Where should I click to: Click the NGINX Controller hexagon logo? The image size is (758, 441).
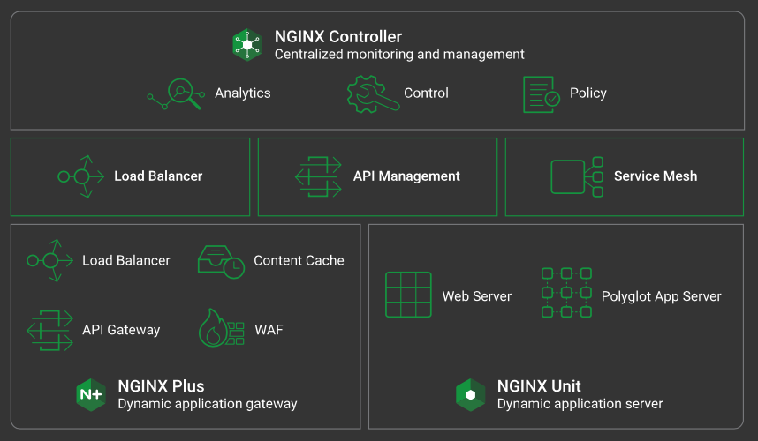click(x=248, y=44)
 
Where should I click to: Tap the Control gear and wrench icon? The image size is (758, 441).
click(x=367, y=93)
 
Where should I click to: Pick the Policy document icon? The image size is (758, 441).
click(x=541, y=93)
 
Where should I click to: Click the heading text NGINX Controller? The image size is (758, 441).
click(x=338, y=37)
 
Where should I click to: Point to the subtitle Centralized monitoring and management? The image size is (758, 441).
click(x=399, y=55)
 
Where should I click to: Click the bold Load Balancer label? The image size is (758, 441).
click(x=158, y=176)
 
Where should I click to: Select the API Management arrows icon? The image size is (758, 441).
click(x=318, y=176)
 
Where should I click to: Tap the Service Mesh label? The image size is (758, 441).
click(x=656, y=176)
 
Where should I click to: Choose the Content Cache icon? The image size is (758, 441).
click(x=220, y=261)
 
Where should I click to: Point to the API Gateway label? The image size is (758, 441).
click(x=121, y=330)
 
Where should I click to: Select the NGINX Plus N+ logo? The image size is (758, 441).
click(x=91, y=394)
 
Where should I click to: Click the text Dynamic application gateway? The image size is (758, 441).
click(x=208, y=404)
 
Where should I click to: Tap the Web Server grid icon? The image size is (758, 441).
click(x=408, y=295)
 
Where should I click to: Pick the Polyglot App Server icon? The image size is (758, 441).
click(x=565, y=293)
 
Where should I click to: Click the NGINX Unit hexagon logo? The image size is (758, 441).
click(x=470, y=394)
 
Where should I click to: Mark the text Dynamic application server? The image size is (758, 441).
click(x=580, y=404)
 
